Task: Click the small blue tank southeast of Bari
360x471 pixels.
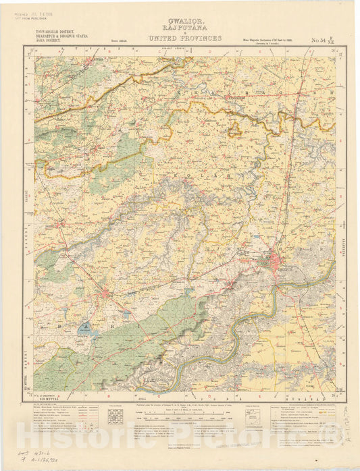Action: tap(128, 314)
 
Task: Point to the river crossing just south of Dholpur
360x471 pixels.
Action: tap(276, 290)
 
